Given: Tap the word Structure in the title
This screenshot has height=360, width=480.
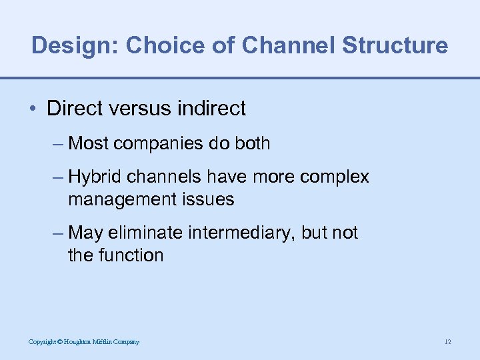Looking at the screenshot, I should pos(395,45).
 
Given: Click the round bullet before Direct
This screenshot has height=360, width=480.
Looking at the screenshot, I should pos(35,109).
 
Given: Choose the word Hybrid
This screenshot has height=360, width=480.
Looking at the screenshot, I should pos(95,177).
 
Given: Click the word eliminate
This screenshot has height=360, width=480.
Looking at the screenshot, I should pos(147,233).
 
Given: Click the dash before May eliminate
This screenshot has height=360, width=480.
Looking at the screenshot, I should pos(59,233).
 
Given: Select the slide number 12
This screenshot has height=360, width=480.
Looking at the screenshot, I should pos(447,342).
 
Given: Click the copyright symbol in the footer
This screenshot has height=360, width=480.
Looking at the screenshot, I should pos(59,342).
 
